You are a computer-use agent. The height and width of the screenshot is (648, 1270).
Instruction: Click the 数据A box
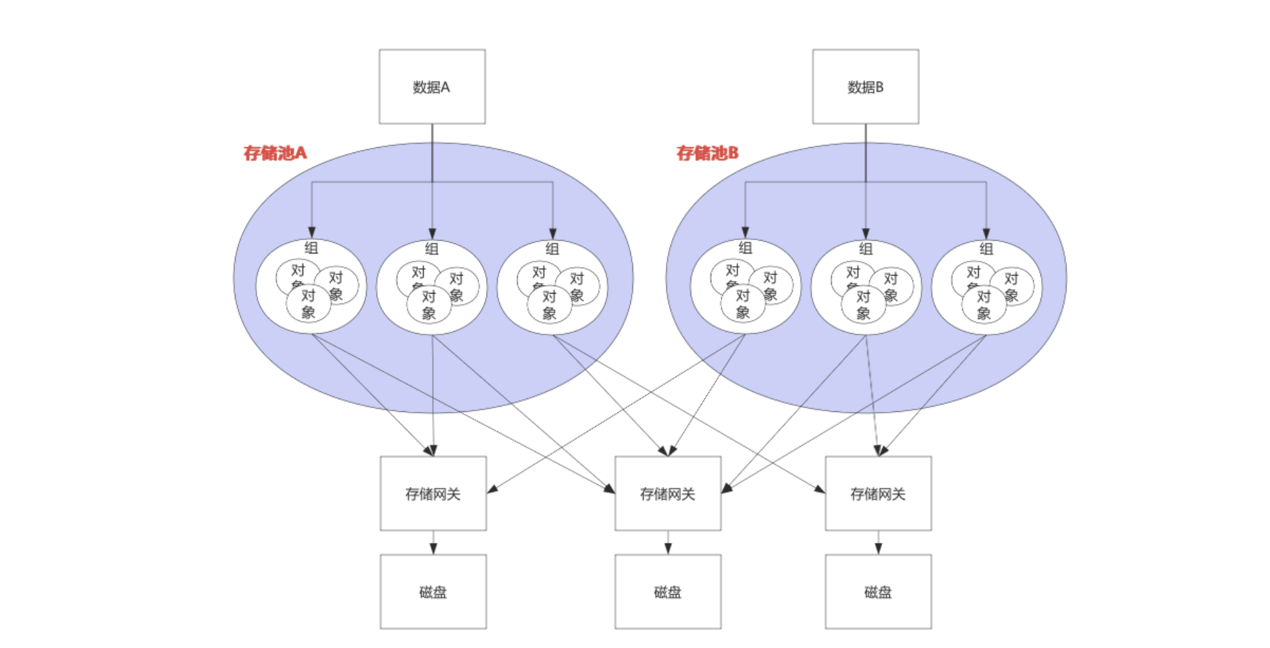pos(432,86)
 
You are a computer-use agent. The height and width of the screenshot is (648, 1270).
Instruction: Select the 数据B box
pos(865,86)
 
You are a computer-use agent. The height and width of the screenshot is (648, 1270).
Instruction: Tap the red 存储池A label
pos(274,153)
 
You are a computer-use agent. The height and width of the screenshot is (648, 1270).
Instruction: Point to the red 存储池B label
pos(707,153)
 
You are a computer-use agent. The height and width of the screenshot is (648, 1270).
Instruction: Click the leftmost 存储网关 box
pos(433,494)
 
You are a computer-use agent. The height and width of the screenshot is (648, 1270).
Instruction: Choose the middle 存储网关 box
pos(668,494)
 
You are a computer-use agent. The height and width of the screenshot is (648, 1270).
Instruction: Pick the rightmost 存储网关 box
pos(878,494)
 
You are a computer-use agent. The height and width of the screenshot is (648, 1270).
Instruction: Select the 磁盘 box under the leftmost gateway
pos(433,591)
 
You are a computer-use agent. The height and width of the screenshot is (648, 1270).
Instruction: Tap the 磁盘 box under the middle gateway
pos(668,591)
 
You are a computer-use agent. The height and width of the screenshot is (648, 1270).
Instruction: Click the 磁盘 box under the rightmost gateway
pos(878,591)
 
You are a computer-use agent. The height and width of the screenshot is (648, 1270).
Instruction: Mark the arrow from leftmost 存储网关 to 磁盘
pos(433,543)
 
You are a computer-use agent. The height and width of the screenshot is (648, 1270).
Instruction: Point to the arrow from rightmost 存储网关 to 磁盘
pos(878,543)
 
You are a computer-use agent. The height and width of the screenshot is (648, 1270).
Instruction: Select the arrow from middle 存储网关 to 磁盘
pos(668,543)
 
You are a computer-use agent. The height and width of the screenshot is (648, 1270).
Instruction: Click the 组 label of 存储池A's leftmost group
pos(311,247)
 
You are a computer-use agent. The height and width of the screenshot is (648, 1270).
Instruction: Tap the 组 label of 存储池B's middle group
pos(866,249)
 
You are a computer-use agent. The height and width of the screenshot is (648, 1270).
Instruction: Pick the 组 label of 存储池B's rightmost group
pos(986,249)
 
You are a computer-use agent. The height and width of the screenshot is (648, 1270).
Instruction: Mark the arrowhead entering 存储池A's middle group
pos(432,233)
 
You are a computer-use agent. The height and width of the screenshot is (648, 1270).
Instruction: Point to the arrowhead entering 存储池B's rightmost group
pos(986,233)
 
